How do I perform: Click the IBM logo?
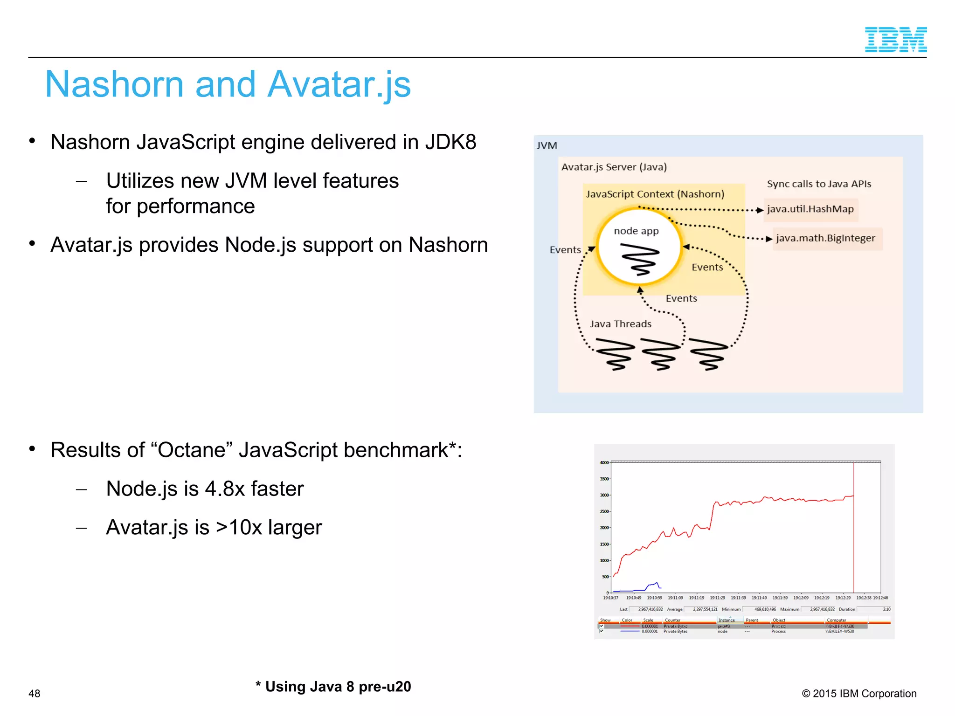(895, 40)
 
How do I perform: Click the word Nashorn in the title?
(114, 85)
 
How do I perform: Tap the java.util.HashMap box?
(810, 209)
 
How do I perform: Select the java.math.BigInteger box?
(826, 238)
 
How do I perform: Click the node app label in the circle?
(636, 231)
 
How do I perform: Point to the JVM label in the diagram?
(547, 146)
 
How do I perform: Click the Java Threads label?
(620, 324)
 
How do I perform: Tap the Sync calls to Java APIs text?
(819, 184)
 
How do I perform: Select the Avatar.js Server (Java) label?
(614, 167)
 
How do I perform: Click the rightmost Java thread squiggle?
(708, 354)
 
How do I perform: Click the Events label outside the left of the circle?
(565, 250)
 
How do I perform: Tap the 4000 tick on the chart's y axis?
(604, 463)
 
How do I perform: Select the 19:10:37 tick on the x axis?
(610, 598)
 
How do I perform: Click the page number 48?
(35, 694)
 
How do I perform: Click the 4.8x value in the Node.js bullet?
(225, 489)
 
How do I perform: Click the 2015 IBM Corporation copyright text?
(859, 694)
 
